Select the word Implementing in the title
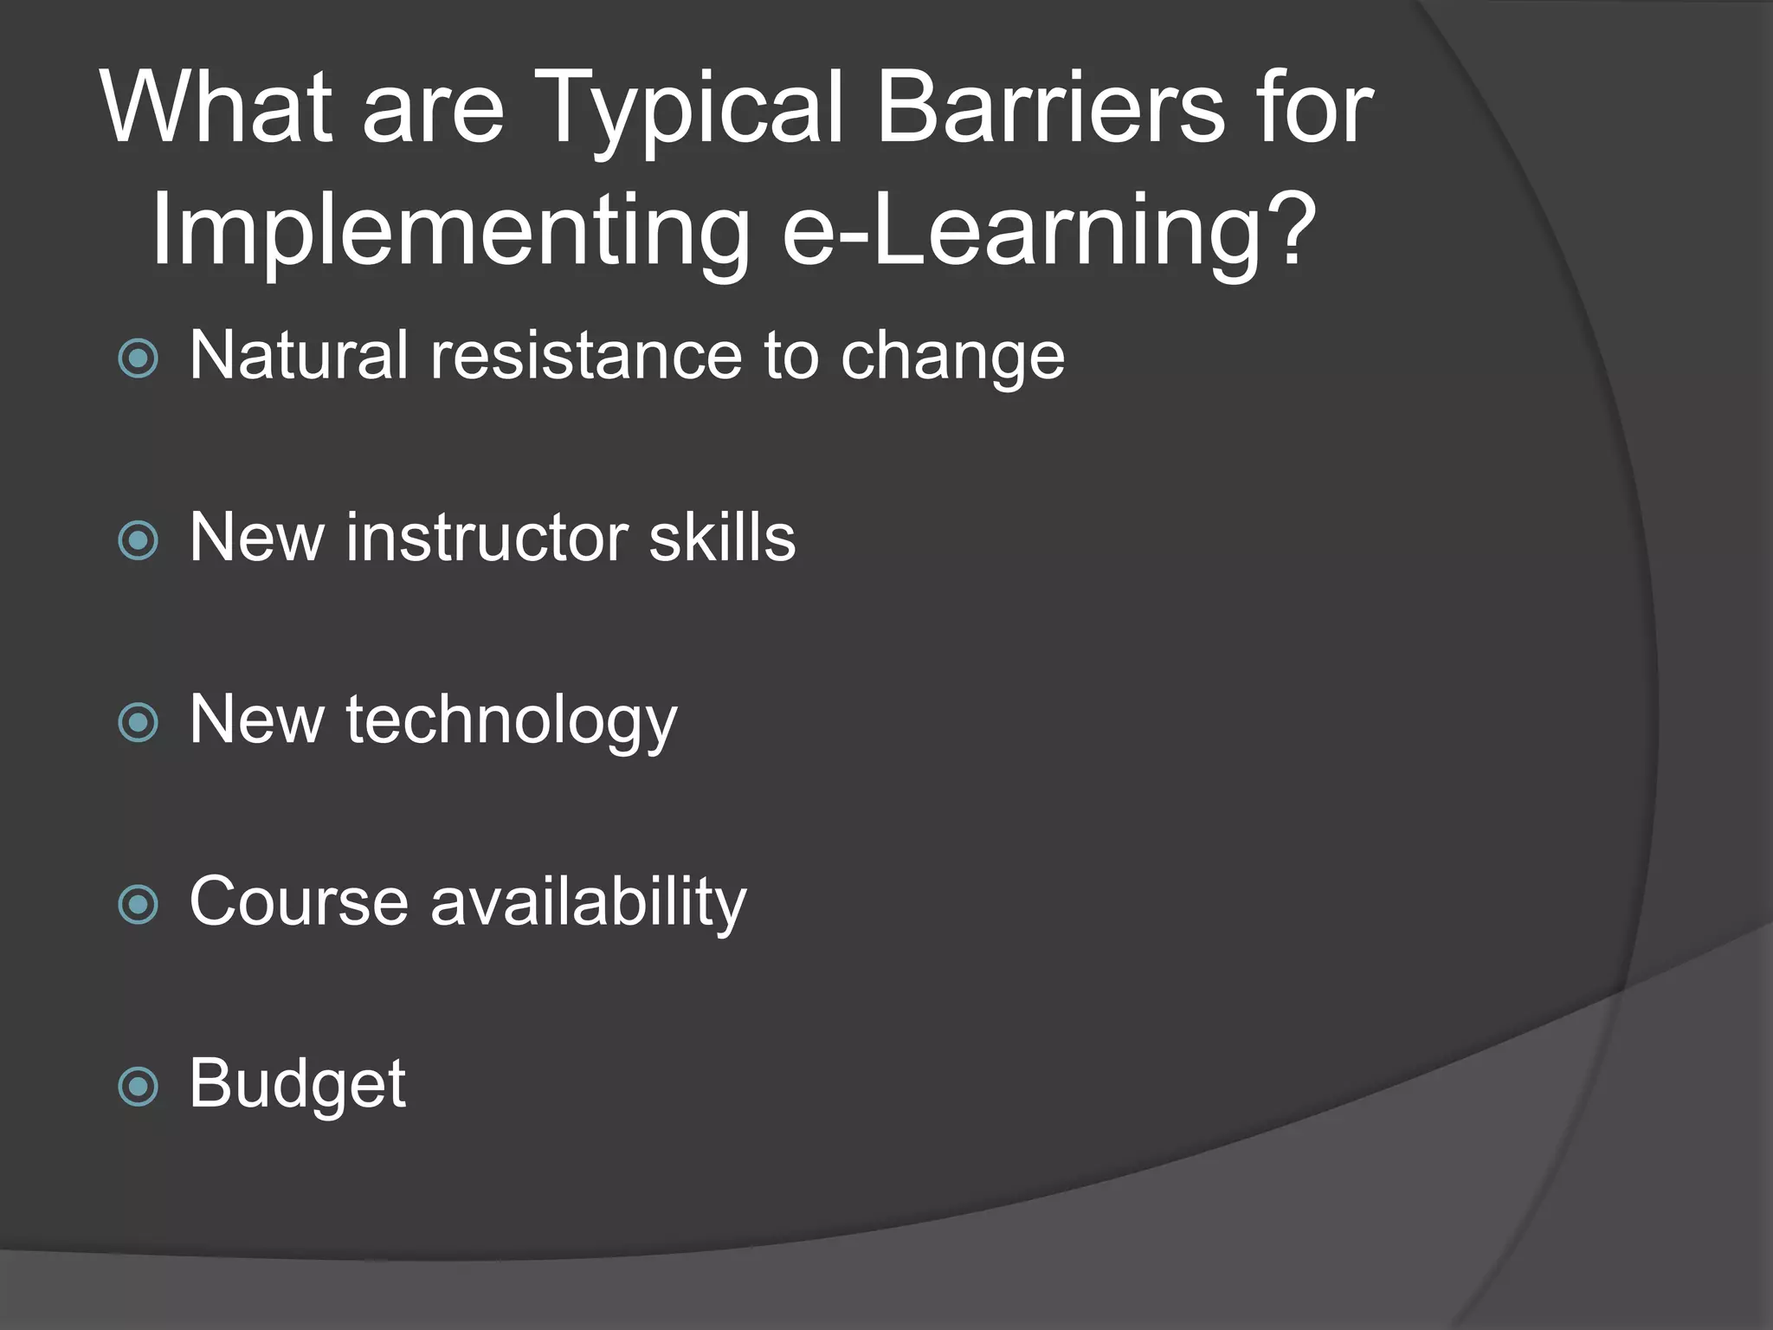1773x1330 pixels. (x=450, y=231)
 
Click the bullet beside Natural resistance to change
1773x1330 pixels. (x=139, y=358)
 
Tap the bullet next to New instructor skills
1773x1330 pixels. (x=139, y=541)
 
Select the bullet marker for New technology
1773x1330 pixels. (x=139, y=723)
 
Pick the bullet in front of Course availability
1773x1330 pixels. (x=139, y=905)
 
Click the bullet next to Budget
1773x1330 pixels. (x=139, y=1087)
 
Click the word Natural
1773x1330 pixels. (x=298, y=355)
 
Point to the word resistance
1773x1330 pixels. (x=586, y=355)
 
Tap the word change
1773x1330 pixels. (x=952, y=357)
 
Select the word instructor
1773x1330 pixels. (x=486, y=538)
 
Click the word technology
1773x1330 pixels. (x=511, y=720)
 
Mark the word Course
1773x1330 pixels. (x=298, y=901)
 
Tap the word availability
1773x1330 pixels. (x=589, y=902)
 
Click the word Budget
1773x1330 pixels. (x=297, y=1084)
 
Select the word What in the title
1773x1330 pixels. (x=216, y=108)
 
